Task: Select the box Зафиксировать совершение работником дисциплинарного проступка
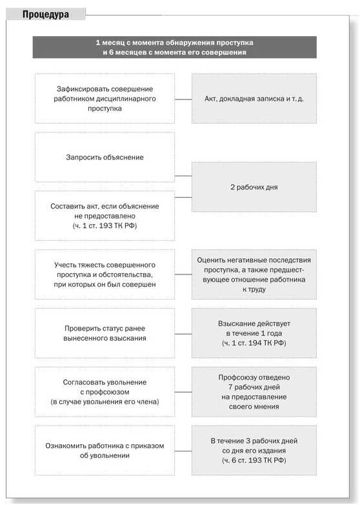pos(105,99)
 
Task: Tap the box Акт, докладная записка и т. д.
pos(254,99)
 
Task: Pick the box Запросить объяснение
pos(105,157)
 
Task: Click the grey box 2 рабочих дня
pos(254,187)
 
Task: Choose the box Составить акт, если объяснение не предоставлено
pos(105,215)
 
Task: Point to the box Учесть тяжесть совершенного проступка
pos(105,274)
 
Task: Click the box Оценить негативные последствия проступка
pos(254,274)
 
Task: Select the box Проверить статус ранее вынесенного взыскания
pos(105,333)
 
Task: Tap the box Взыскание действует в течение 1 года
pos(254,333)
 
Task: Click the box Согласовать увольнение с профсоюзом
pos(105,392)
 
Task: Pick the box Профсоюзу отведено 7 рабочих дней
pos(254,392)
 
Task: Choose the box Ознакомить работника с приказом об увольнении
pos(105,450)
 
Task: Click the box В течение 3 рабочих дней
pos(254,450)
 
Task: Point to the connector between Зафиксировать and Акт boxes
pos(183,99)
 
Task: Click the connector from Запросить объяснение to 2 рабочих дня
pos(183,175)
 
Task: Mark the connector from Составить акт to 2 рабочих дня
pos(183,197)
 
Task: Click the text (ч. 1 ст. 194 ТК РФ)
pos(254,343)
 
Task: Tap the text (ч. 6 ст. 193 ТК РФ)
pos(254,460)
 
